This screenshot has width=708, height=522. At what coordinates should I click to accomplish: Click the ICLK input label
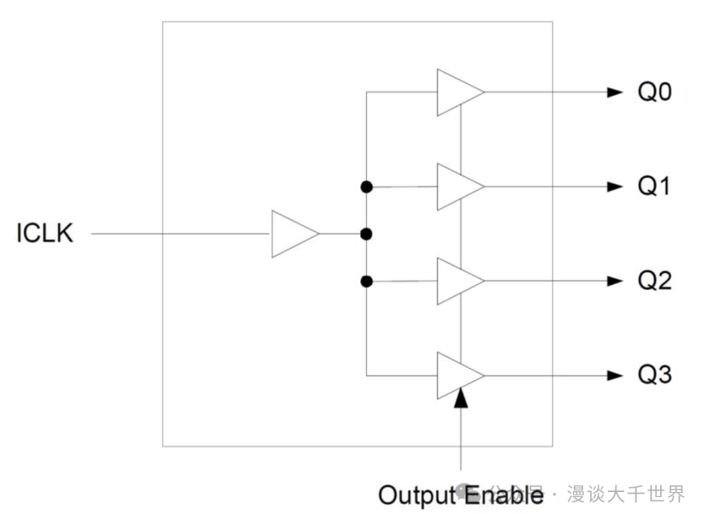[x=45, y=233]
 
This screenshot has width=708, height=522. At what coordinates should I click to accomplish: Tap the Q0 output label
[x=655, y=92]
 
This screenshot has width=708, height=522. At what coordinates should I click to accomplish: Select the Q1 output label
[x=655, y=187]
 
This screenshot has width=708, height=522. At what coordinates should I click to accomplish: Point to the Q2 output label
[x=655, y=281]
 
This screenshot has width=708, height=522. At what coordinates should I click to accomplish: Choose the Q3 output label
[x=655, y=375]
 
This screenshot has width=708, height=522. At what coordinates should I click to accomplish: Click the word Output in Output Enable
[x=416, y=494]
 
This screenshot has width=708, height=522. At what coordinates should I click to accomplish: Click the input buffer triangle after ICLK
[x=292, y=234]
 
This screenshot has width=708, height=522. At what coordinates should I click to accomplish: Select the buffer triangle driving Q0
[x=457, y=92]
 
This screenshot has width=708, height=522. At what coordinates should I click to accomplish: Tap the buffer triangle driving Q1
[x=457, y=187]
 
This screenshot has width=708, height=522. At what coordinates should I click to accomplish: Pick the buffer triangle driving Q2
[x=457, y=281]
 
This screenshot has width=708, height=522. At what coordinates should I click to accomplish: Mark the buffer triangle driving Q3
[x=457, y=375]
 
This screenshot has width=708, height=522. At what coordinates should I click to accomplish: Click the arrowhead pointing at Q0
[x=614, y=92]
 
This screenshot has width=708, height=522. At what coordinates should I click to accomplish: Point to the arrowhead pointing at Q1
[x=614, y=187]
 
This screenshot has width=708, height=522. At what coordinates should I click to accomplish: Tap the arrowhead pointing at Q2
[x=614, y=281]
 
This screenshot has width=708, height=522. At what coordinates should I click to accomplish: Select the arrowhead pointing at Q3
[x=614, y=375]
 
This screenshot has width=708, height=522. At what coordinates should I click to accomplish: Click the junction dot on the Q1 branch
[x=366, y=187]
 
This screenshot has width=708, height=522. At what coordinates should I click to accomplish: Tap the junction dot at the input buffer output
[x=366, y=234]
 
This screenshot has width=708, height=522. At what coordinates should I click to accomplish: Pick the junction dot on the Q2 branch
[x=366, y=282]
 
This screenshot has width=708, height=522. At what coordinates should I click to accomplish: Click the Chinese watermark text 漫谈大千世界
[x=626, y=494]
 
